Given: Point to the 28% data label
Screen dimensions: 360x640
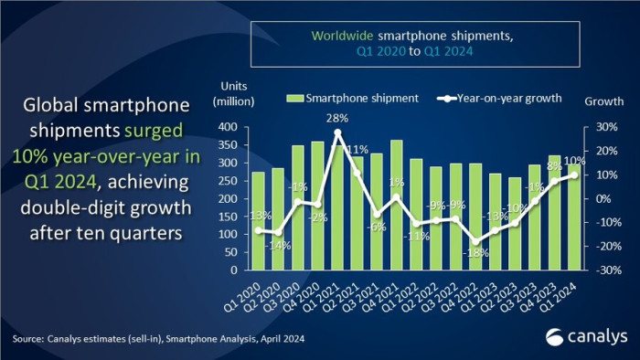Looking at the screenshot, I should (338, 118).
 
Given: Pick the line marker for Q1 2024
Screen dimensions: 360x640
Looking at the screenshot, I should (573, 175).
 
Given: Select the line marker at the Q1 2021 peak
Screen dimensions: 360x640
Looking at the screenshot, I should (338, 132).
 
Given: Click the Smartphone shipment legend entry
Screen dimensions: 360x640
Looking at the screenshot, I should (354, 98).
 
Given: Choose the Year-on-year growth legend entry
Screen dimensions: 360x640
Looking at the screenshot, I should (502, 98).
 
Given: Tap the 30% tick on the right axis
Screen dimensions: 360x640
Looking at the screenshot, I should (598, 127).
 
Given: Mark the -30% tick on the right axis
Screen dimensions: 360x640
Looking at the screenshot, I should (596, 270).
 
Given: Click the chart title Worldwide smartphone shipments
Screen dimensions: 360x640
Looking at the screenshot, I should (411, 36).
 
